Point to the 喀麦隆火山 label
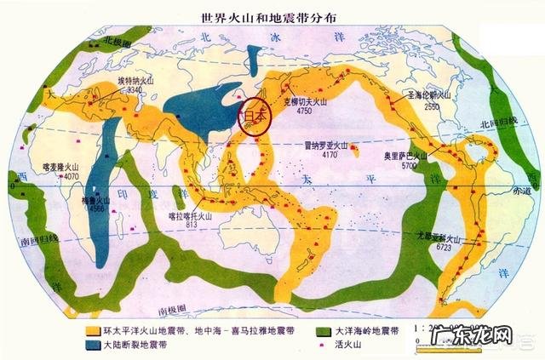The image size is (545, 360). click(60, 167)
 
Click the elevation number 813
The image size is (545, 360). click(197, 226)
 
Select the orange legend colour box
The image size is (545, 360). click(94, 329)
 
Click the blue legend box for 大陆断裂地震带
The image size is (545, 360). click(94, 346)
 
